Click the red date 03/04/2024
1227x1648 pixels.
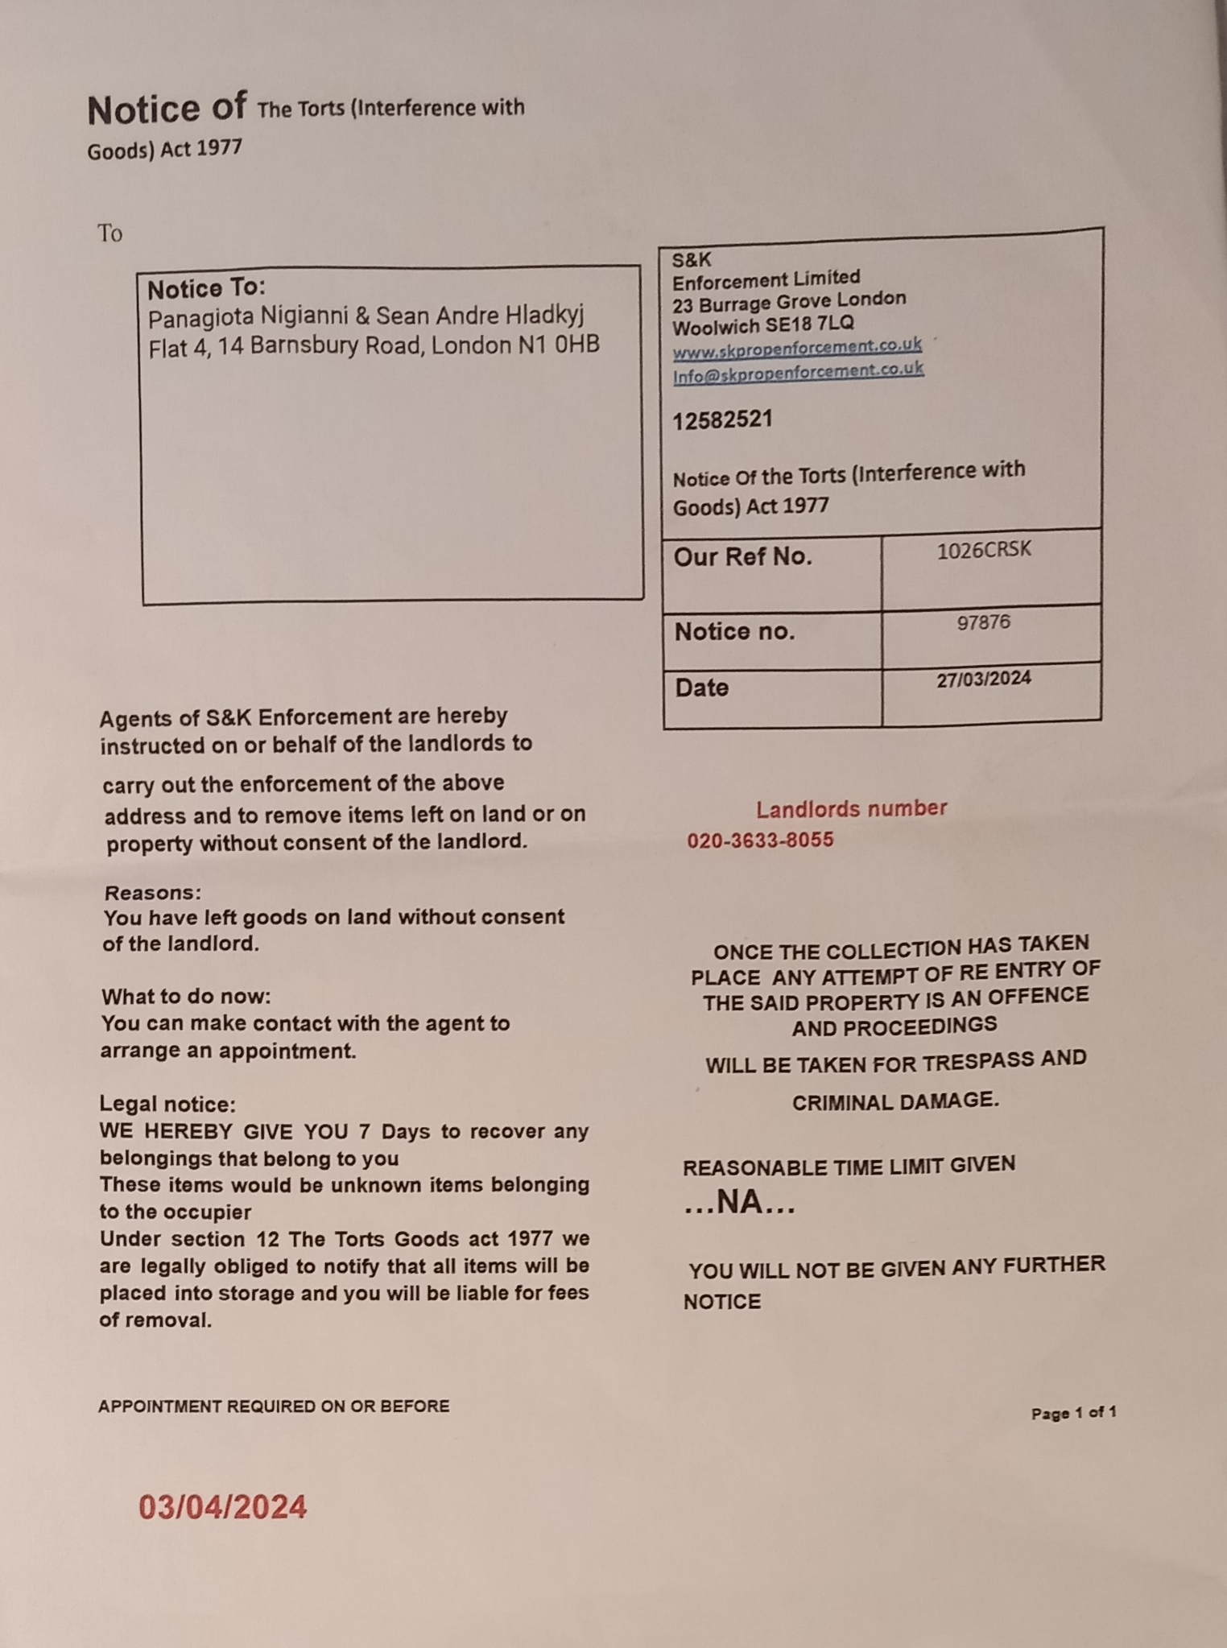coord(223,1506)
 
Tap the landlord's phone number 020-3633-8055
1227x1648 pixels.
coord(760,841)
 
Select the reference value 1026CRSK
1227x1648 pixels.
coord(984,551)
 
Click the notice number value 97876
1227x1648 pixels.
coord(983,622)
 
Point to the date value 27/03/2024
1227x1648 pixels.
coord(983,679)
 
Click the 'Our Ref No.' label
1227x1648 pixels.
coord(742,557)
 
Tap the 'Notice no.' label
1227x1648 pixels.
coord(734,632)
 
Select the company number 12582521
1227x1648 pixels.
coord(722,419)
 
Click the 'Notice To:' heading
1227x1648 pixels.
coord(206,288)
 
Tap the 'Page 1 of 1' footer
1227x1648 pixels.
coord(1073,1413)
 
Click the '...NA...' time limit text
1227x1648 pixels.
coord(739,1202)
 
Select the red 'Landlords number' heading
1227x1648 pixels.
coord(851,808)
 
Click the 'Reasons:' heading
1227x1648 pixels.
coord(152,892)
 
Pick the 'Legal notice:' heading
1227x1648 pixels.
coord(167,1104)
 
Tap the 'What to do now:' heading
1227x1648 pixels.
coord(186,997)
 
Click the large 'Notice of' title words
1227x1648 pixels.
coord(167,109)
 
